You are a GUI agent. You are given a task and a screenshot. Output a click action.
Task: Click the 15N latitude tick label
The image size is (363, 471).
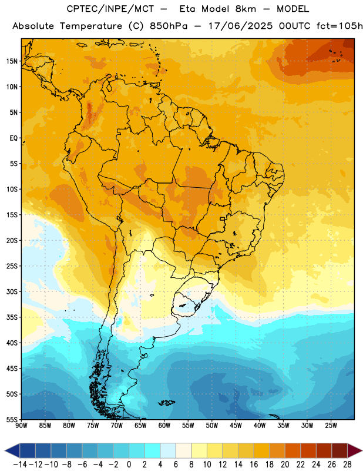12,61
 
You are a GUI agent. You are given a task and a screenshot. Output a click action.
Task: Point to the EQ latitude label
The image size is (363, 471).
14,138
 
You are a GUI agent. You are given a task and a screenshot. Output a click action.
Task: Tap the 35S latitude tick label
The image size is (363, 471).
12,317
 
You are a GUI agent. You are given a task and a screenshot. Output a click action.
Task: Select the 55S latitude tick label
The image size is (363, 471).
12,419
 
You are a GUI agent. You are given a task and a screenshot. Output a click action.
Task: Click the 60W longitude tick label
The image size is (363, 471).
164,425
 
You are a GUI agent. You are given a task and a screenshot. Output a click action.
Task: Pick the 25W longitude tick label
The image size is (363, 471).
331,425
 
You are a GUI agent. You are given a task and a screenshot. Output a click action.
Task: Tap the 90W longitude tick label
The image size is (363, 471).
22,425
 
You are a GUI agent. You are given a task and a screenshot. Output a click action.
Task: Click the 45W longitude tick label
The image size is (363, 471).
236,425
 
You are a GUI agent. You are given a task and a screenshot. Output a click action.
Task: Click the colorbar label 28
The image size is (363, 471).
347,465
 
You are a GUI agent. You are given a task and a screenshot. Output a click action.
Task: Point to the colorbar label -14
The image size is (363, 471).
20,465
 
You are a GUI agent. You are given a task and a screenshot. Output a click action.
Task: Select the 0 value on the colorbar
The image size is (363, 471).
129,465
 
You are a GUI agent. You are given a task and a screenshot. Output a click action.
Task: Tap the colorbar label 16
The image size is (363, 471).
254,465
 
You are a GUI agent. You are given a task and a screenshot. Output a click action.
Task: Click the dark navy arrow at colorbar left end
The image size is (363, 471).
12,450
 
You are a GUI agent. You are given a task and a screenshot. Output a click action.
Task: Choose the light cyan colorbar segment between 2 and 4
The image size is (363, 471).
153,450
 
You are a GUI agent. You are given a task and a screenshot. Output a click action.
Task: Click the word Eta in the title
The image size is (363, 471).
187,9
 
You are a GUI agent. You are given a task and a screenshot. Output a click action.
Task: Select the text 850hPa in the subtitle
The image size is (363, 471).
169,26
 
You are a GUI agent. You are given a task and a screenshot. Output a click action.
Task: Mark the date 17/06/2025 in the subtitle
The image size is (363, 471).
241,26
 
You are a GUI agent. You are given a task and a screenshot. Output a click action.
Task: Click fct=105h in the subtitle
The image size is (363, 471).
340,26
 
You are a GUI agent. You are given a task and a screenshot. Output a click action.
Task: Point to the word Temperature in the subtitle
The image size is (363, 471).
91,26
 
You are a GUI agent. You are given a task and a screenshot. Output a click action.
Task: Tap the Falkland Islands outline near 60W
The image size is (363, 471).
166,403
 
